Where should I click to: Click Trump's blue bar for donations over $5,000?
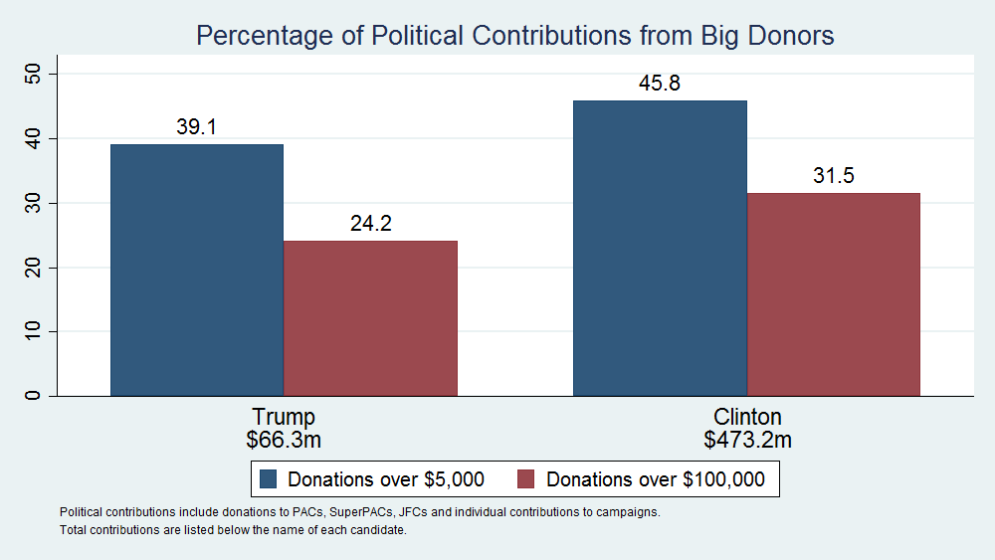pos(197,270)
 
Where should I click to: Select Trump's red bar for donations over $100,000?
pos(370,318)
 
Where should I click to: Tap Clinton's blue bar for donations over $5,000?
pos(660,248)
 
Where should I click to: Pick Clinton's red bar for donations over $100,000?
pos(834,294)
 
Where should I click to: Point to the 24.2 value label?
pos(370,223)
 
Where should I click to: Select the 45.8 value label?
pos(660,84)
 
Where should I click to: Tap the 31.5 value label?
pos(834,176)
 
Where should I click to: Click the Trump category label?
pos(284,416)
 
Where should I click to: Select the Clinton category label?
pos(747,416)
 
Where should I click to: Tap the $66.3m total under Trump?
pos(284,439)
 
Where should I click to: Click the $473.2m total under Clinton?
pos(747,439)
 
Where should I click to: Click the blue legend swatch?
pos(268,479)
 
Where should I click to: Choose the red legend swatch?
pos(527,479)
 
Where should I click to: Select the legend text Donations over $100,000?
pos(656,479)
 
